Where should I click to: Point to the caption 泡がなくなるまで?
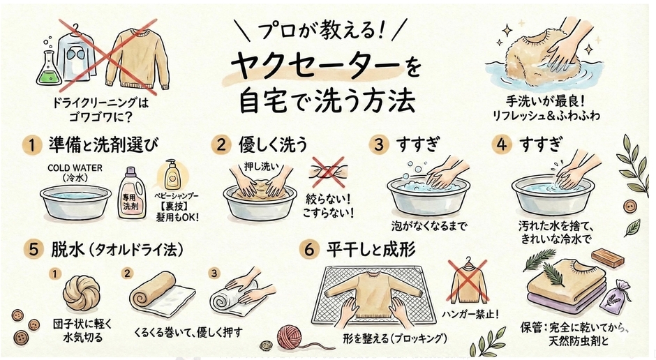tap(427, 225)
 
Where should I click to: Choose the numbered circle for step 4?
tap(501, 144)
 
